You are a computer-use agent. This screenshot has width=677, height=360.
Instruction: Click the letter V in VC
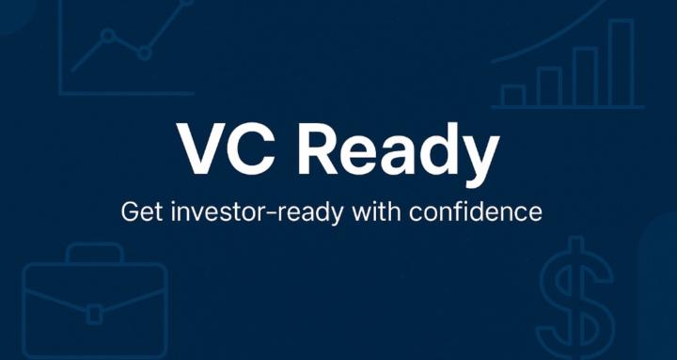click(206, 149)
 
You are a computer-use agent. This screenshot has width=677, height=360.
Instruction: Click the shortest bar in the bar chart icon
click(512, 95)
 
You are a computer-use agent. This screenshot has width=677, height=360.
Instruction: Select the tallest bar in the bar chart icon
click(621, 63)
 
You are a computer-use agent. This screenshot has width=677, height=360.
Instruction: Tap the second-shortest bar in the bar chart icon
click(548, 86)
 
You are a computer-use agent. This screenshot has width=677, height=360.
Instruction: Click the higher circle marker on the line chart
click(108, 37)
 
